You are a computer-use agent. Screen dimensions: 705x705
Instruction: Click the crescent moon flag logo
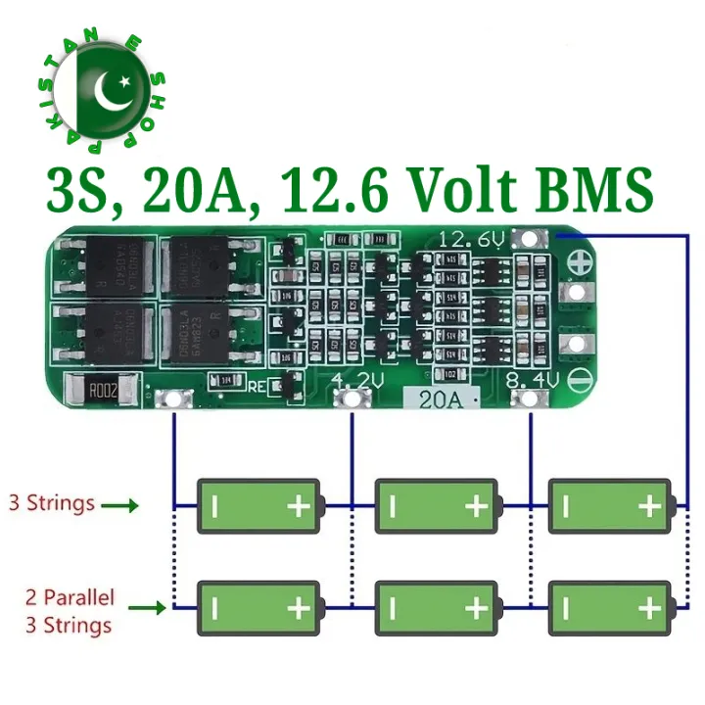(103, 91)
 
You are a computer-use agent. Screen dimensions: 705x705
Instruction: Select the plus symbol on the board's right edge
(580, 262)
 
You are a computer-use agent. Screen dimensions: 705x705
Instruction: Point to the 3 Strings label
(52, 503)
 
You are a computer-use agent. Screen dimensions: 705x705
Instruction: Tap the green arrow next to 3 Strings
(119, 505)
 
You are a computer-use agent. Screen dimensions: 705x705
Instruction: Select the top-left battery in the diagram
(260, 505)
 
